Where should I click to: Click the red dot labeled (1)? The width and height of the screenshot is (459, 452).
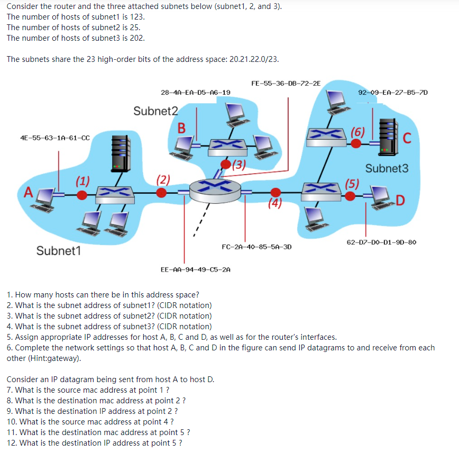81,195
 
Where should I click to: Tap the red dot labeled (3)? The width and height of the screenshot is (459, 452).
226,165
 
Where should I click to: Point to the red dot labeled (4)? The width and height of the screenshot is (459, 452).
274,192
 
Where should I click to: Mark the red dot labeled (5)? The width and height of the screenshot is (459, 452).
350,195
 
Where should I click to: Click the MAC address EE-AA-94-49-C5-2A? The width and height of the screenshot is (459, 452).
195,269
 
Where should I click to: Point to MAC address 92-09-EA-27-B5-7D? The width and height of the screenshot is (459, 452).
393,92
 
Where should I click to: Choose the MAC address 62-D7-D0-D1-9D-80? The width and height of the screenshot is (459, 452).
382,242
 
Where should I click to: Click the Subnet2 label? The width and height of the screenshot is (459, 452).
156,111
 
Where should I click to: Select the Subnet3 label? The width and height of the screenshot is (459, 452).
387,168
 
